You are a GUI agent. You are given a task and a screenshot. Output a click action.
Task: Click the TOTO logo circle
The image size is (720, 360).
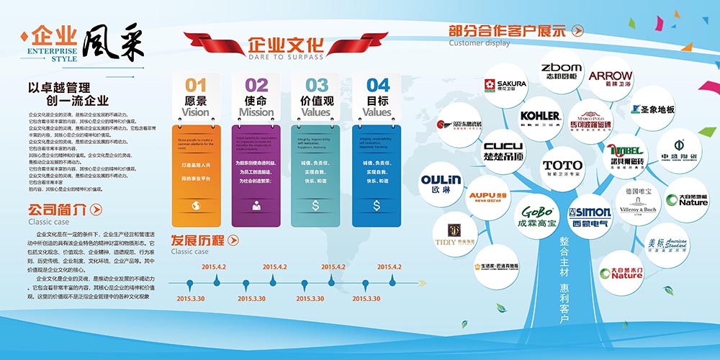pyautogui.click(x=563, y=168)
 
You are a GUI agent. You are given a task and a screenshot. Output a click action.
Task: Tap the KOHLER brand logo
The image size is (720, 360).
pyautogui.click(x=540, y=116)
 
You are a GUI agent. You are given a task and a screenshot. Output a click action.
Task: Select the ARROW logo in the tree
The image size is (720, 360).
pyautogui.click(x=611, y=78)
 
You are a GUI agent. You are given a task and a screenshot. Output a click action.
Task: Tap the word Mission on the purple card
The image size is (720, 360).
pyautogui.click(x=256, y=112)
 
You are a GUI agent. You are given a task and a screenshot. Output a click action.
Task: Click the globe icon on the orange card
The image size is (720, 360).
pyautogui.click(x=196, y=206)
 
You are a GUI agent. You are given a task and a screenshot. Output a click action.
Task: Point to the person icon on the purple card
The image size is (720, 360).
pyautogui.click(x=256, y=206)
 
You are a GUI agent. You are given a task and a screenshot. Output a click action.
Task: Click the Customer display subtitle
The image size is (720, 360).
pyautogui.click(x=479, y=43)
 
